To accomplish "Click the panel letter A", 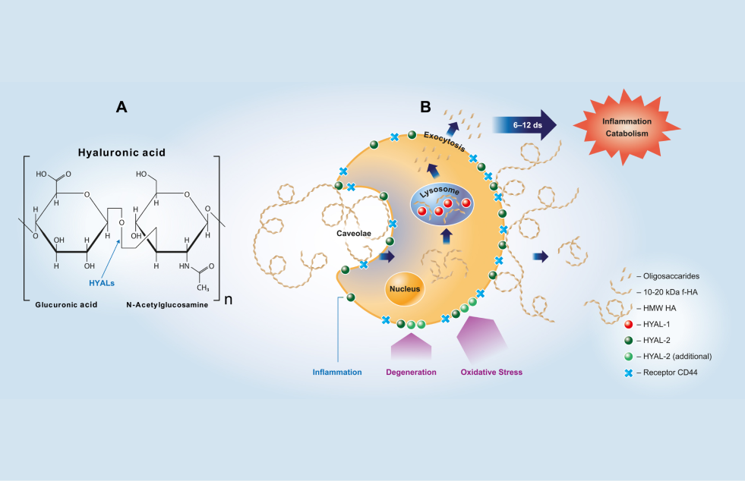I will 122,107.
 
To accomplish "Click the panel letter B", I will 425,107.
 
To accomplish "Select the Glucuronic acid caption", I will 68,303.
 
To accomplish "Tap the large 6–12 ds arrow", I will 525,124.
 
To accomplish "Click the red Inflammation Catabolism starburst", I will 626,127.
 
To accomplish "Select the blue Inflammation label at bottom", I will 337,372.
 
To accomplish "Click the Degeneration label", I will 411,372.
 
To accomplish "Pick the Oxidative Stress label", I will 491,372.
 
